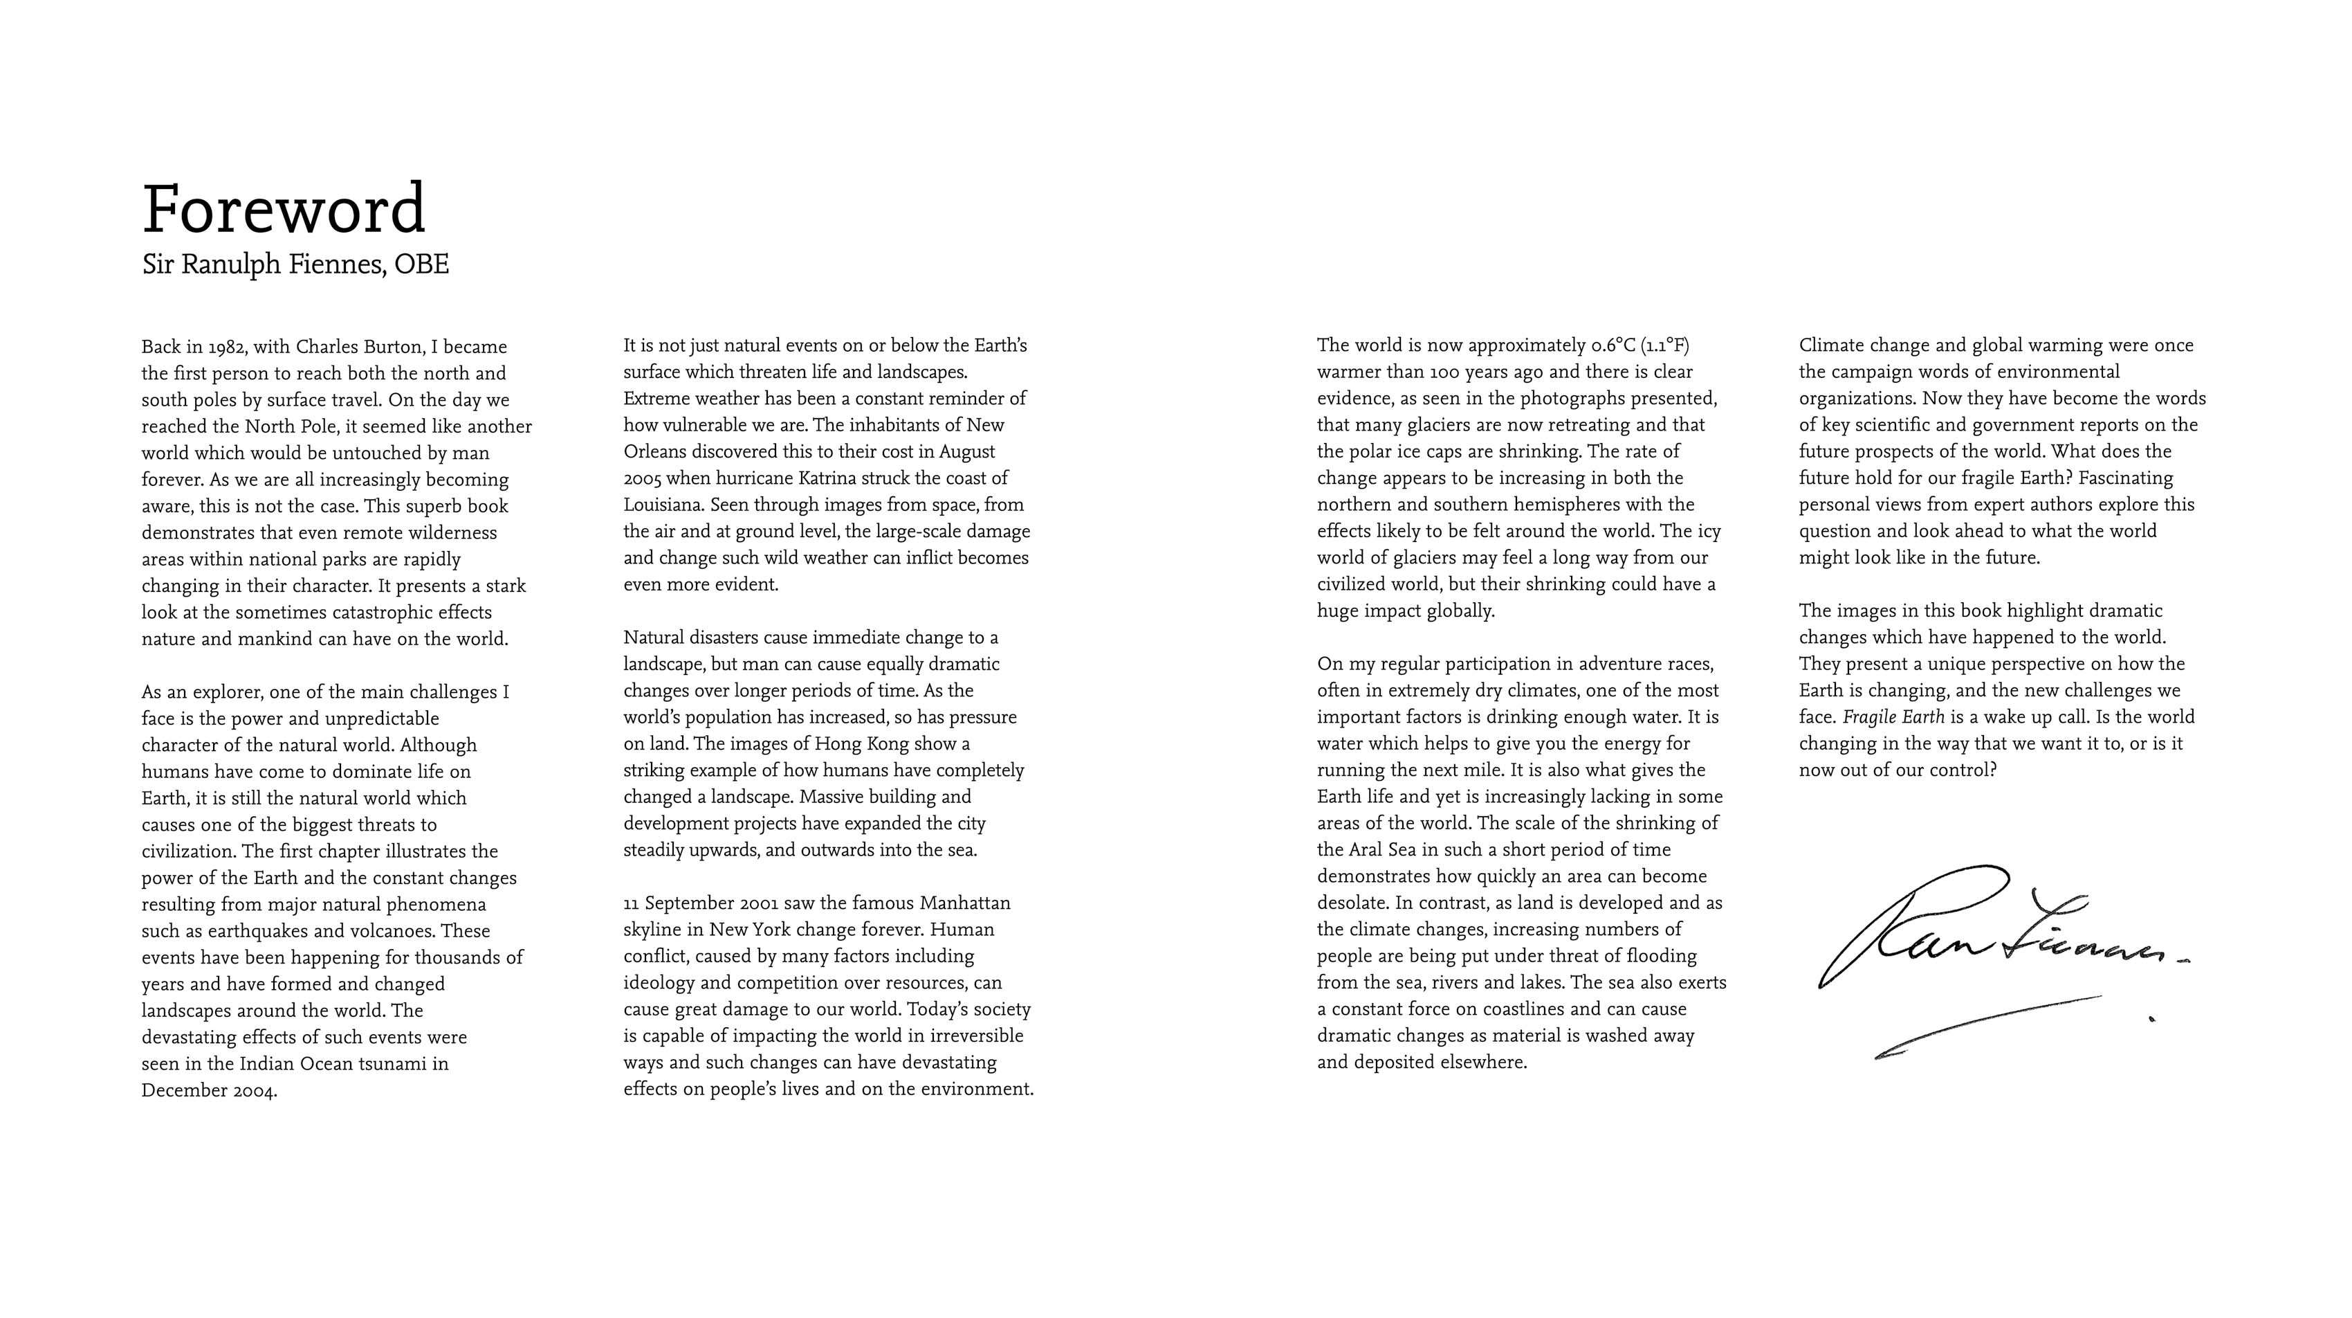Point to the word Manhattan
coord(965,903)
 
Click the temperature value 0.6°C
coord(1613,345)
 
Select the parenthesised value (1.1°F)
coord(1664,345)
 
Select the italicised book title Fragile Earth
coord(1893,718)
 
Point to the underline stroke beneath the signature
coord(1990,1024)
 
